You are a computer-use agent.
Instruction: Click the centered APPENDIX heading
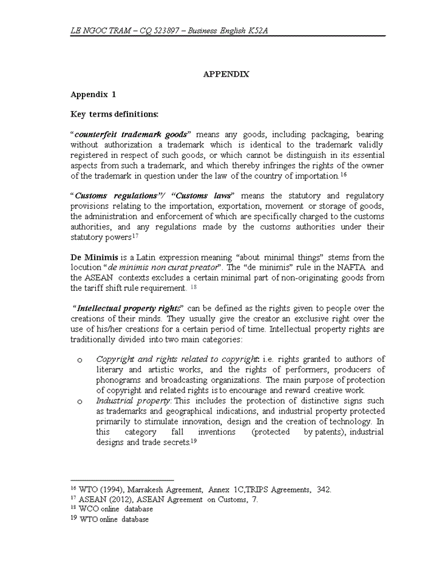tap(226, 74)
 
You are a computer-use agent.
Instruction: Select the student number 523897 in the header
tap(165, 31)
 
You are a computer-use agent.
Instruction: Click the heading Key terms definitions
tap(114, 114)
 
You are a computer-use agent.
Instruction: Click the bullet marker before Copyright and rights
tap(80, 361)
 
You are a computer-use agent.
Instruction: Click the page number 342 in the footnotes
tap(324, 489)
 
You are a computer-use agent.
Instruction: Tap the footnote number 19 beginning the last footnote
tap(74, 519)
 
